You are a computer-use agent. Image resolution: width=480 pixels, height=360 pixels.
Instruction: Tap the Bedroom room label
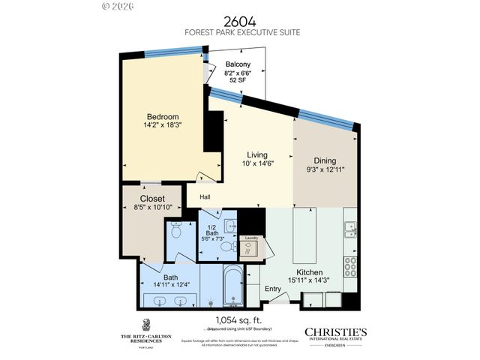click(x=162, y=117)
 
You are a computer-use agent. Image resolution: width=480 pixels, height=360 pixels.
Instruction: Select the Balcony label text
click(x=238, y=64)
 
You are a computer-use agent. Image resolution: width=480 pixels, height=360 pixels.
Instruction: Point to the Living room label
click(x=257, y=155)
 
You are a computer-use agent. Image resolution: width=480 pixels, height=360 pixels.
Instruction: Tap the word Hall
click(x=205, y=197)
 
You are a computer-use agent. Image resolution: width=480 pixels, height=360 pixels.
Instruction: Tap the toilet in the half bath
click(x=227, y=244)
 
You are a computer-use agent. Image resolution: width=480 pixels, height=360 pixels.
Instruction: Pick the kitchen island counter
click(x=307, y=229)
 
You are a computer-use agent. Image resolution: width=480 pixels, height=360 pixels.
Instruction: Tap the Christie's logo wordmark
click(x=334, y=331)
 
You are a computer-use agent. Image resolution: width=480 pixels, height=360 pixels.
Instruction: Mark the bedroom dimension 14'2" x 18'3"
click(x=162, y=126)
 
